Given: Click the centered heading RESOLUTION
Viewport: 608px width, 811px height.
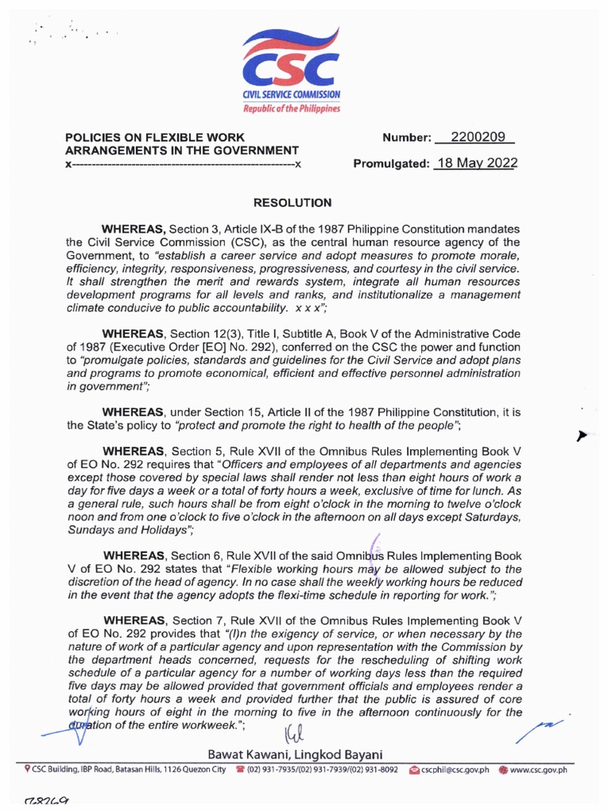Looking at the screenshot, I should click(292, 204).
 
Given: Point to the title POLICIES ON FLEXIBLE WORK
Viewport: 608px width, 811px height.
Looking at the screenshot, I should click(154, 137).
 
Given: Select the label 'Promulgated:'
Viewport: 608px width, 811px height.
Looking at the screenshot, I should click(391, 165).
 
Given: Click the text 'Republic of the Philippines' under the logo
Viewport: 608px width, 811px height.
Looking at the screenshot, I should click(291, 108).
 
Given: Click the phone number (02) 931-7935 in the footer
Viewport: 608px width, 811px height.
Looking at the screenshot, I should click(276, 769).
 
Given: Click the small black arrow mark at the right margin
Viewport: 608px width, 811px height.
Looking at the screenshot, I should click(584, 436).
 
